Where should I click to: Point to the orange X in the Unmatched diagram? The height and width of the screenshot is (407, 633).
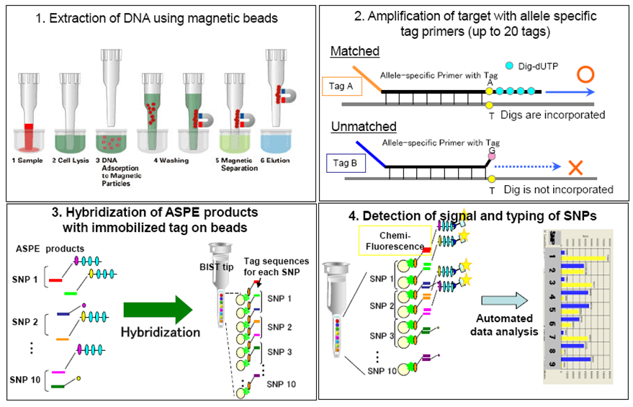click(x=575, y=169)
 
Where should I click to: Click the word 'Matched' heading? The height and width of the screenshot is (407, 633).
click(x=354, y=52)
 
